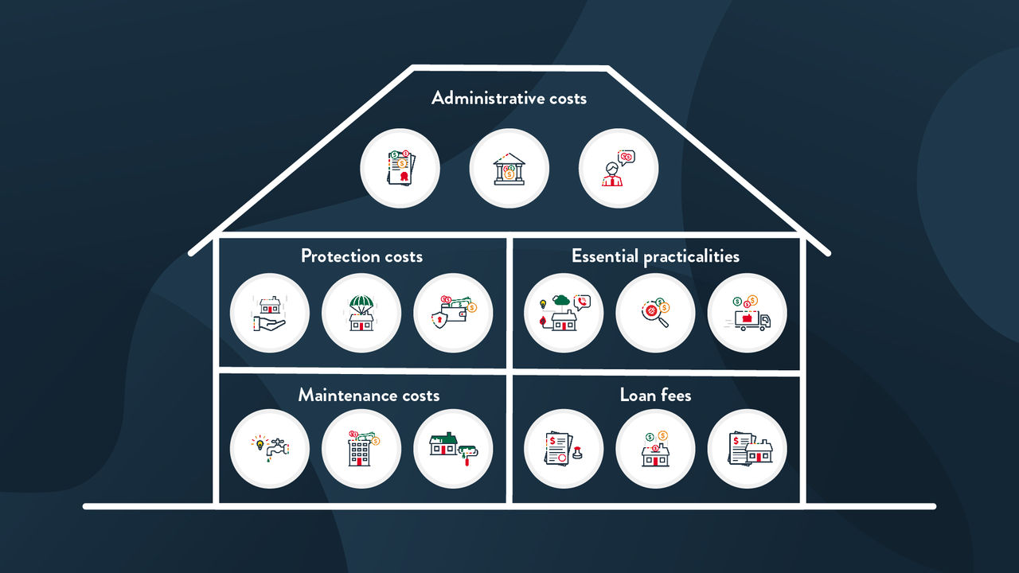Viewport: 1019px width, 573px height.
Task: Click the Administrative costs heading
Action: coord(509,99)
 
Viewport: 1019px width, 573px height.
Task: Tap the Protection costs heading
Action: coord(361,256)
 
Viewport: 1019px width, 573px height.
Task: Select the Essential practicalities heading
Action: coord(655,256)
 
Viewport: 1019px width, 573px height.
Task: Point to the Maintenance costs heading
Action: coord(369,396)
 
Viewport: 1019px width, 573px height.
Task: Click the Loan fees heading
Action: coord(655,396)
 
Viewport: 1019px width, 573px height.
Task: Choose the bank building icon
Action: coord(509,169)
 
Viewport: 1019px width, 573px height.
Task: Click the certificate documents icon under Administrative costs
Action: coord(400,169)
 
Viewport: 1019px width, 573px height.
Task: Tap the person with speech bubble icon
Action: coord(618,169)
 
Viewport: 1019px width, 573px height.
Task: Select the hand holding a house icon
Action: coord(270,314)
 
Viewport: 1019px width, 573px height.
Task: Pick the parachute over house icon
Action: coord(361,314)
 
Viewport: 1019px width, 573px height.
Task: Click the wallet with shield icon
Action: coord(454,314)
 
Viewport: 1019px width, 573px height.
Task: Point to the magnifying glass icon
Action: coord(655,314)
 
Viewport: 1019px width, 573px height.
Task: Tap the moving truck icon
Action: coord(747,314)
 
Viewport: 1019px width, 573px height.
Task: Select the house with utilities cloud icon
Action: coord(564,314)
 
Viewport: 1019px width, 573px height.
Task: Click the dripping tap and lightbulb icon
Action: coord(270,449)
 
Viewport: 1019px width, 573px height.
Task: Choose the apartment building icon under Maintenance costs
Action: coord(361,449)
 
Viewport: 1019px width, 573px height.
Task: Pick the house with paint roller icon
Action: coord(454,449)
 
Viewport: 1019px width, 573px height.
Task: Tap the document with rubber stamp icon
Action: coord(564,449)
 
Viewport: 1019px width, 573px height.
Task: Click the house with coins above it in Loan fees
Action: coord(655,449)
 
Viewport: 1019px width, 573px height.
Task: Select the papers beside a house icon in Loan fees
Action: coord(747,449)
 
